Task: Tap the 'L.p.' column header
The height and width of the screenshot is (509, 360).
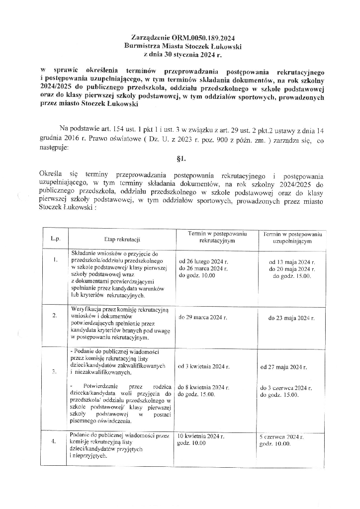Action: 55,239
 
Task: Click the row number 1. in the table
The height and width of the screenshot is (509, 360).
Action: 55,259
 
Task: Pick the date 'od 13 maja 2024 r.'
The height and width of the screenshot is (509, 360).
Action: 292,261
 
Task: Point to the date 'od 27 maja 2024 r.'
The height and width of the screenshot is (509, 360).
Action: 283,368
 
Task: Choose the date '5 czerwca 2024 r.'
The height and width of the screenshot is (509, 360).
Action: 282,436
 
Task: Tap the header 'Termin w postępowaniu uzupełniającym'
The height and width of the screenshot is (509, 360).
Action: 292,237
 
